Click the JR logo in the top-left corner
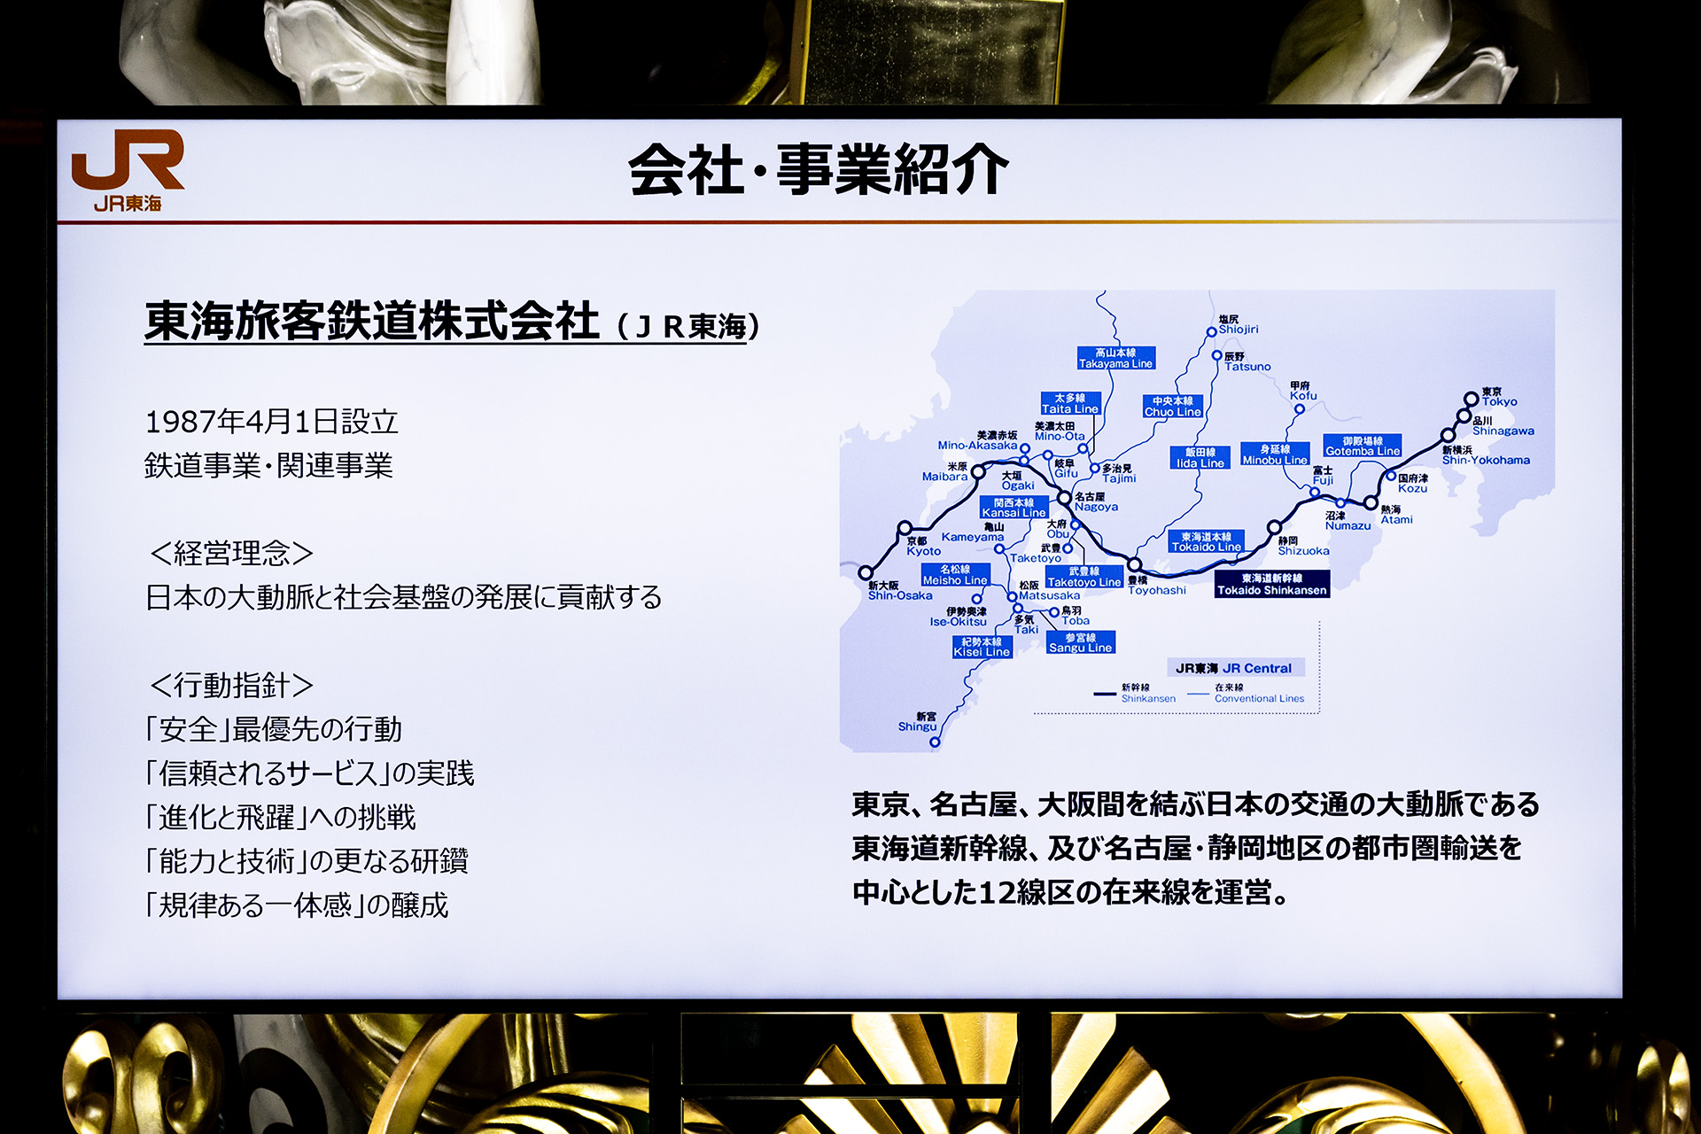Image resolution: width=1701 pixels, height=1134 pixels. (x=128, y=169)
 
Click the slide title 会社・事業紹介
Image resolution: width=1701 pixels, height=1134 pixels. (x=819, y=170)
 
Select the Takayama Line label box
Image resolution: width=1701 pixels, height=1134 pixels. (x=1115, y=358)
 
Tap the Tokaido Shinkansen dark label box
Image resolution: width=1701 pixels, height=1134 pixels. (x=1271, y=585)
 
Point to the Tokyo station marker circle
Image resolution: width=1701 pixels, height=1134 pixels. (x=1471, y=399)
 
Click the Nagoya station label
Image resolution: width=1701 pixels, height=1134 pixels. (x=1095, y=502)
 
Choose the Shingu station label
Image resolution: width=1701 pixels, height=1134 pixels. (x=918, y=722)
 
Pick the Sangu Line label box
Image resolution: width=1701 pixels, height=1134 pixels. (x=1080, y=642)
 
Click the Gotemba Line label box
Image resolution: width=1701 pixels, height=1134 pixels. (x=1363, y=446)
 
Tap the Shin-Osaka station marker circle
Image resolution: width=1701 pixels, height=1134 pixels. (x=866, y=573)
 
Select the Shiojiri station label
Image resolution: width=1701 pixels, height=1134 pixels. (x=1238, y=324)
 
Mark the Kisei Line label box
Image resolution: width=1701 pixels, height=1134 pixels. (x=982, y=647)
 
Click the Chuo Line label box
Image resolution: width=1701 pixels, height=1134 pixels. (x=1172, y=407)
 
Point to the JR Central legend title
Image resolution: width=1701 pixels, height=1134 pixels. (x=1233, y=668)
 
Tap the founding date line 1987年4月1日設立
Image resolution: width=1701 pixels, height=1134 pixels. (x=271, y=422)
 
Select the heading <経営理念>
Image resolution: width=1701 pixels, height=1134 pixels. (x=231, y=554)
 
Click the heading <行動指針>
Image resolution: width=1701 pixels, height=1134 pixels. (x=231, y=686)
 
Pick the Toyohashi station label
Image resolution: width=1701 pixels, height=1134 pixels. (x=1156, y=586)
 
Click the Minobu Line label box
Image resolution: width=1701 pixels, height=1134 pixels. (x=1274, y=454)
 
